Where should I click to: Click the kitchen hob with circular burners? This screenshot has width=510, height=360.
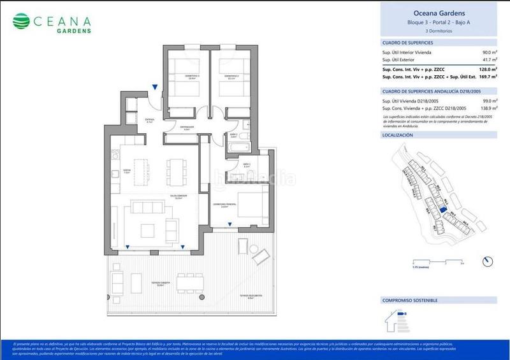click(x=116, y=154)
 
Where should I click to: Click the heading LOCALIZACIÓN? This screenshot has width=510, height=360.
click(x=398, y=135)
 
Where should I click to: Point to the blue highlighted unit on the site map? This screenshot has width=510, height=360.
click(x=442, y=207)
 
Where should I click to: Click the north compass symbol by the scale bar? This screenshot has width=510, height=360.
click(x=488, y=261)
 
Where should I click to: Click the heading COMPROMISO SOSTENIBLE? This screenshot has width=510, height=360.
click(x=409, y=299)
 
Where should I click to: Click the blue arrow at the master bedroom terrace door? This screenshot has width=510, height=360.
click(x=230, y=223)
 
